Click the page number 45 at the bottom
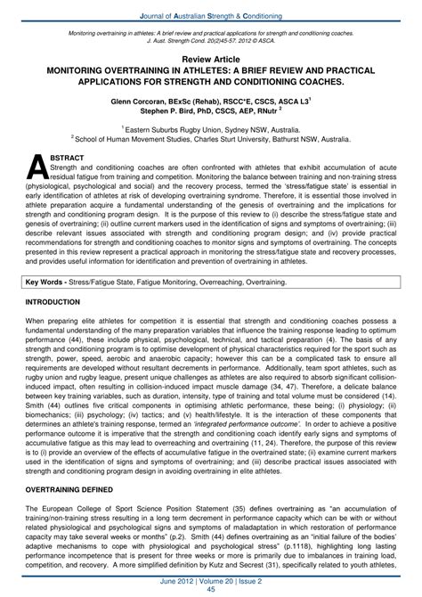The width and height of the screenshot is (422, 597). click(210, 588)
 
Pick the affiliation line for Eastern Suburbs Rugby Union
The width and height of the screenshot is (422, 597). click(210, 129)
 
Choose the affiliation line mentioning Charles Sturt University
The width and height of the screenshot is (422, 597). click(210, 139)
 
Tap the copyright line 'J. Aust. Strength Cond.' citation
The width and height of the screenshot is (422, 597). click(210, 39)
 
